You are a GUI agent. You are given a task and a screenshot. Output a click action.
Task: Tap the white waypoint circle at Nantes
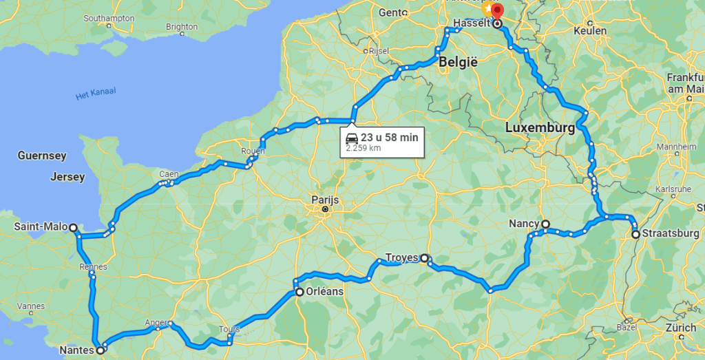click(x=101, y=350)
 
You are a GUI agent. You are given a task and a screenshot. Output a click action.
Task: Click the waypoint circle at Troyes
click(x=425, y=258)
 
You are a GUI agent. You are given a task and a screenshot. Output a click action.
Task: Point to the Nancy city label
click(x=523, y=224)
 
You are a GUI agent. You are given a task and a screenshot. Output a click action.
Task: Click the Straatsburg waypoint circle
click(x=636, y=234)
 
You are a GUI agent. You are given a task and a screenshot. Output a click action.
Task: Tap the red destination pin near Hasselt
click(x=497, y=12)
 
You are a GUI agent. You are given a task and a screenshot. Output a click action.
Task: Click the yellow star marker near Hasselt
click(x=487, y=9)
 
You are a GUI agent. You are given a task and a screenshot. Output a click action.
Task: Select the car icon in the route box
click(x=352, y=137)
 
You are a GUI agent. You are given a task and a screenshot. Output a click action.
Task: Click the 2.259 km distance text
click(x=363, y=147)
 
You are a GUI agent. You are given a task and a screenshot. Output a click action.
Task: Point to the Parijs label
click(x=325, y=201)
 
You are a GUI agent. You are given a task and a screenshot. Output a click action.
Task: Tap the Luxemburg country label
click(x=539, y=128)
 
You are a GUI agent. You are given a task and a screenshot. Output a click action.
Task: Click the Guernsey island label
click(x=42, y=156)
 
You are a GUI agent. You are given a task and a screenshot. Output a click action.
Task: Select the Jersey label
click(x=67, y=177)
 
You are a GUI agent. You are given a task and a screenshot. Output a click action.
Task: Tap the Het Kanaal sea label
click(x=96, y=94)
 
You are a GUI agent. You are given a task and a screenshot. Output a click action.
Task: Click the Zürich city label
click(x=682, y=328)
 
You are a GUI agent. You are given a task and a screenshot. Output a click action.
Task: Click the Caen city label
click(x=169, y=174)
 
